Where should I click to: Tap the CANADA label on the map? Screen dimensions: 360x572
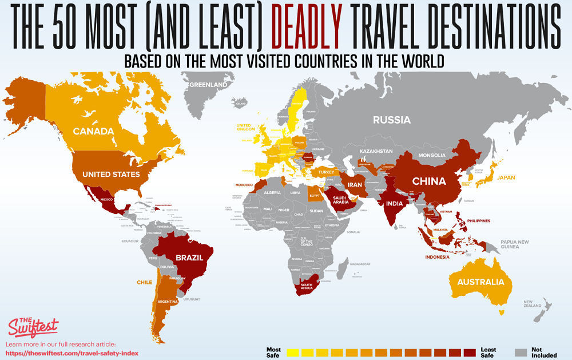(x=93, y=131)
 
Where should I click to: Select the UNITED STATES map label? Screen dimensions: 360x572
(x=111, y=174)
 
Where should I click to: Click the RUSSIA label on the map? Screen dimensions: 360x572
(x=392, y=120)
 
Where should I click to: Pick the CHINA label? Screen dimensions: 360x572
(x=428, y=181)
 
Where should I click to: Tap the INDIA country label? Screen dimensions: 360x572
(x=394, y=204)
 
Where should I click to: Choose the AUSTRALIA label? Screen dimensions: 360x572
(x=480, y=282)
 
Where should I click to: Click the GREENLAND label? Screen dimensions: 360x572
(x=208, y=85)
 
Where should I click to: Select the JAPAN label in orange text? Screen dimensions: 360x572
(x=506, y=177)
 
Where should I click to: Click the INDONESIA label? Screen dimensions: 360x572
(x=441, y=257)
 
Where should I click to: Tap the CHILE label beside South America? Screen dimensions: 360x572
(x=144, y=282)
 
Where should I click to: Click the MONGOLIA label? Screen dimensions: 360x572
(x=432, y=155)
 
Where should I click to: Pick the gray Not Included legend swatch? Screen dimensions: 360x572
(x=520, y=352)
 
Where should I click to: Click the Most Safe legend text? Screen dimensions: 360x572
(x=274, y=352)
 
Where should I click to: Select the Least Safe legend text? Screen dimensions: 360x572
(x=488, y=352)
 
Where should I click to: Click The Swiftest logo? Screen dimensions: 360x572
(x=33, y=326)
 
